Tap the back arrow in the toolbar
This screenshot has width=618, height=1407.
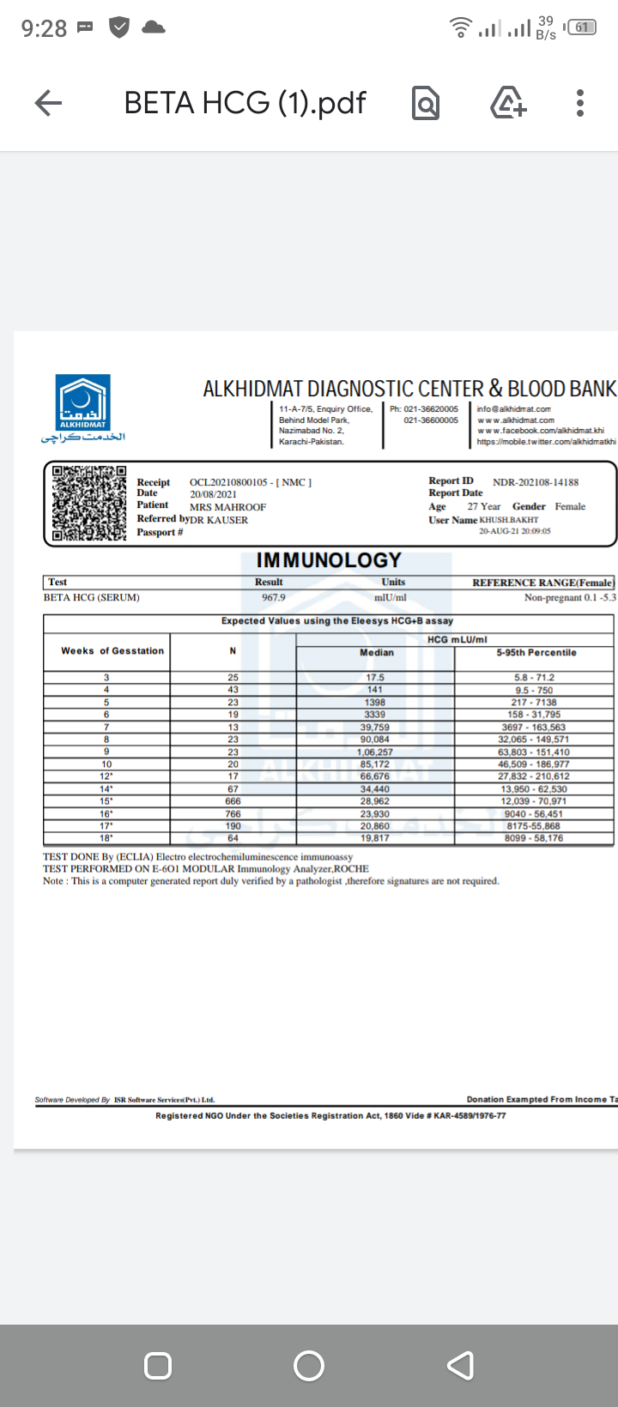pyautogui.click(x=48, y=104)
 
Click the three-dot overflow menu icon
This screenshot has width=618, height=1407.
pyautogui.click(x=580, y=103)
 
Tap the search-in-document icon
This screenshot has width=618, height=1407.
pyautogui.click(x=426, y=104)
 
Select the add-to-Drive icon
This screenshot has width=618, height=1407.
pyautogui.click(x=508, y=103)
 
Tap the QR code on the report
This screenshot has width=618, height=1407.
pyautogui.click(x=89, y=504)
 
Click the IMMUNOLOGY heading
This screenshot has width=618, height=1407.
pyautogui.click(x=329, y=560)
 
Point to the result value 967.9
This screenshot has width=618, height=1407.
pyautogui.click(x=274, y=597)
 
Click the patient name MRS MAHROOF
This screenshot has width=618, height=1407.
pyautogui.click(x=227, y=507)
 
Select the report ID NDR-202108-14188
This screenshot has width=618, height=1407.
pyautogui.click(x=536, y=482)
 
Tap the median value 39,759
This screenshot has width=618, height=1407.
pyautogui.click(x=375, y=727)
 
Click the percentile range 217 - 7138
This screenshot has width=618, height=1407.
pyautogui.click(x=534, y=702)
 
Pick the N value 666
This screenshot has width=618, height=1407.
pyautogui.click(x=233, y=800)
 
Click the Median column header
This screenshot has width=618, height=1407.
pyautogui.click(x=376, y=652)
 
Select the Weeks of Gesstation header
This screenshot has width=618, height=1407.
pyautogui.click(x=112, y=650)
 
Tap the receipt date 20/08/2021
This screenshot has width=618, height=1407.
pyautogui.click(x=213, y=494)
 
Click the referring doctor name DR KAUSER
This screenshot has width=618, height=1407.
pyautogui.click(x=219, y=520)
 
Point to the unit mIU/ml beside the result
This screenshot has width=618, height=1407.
pyautogui.click(x=391, y=597)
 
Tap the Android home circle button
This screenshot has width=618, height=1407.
pyautogui.click(x=309, y=1365)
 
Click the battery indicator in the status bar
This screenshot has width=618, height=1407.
pyautogui.click(x=584, y=27)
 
